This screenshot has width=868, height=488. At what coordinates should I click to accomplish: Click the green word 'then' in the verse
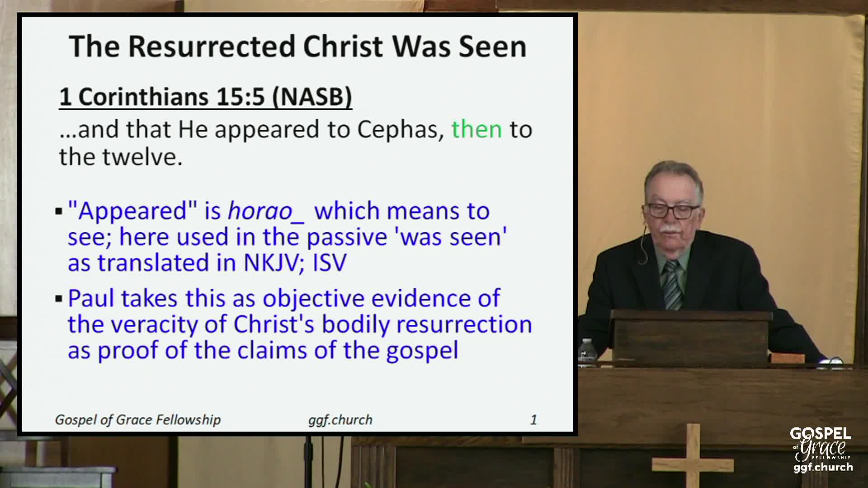[x=476, y=130]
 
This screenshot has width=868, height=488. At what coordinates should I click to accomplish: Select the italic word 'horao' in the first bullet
[x=260, y=211]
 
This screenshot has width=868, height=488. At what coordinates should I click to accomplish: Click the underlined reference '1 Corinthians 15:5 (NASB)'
[x=206, y=97]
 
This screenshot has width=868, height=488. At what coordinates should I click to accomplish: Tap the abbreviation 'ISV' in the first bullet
[x=330, y=263]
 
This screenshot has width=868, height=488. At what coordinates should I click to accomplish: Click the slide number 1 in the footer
[x=533, y=420]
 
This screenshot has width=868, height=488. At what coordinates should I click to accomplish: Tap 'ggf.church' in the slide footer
[x=340, y=420]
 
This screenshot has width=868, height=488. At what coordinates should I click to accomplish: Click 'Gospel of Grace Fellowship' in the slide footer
[x=138, y=420]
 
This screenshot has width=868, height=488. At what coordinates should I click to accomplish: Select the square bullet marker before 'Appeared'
[x=58, y=211]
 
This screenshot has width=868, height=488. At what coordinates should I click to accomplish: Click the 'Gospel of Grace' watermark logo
[x=821, y=449]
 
